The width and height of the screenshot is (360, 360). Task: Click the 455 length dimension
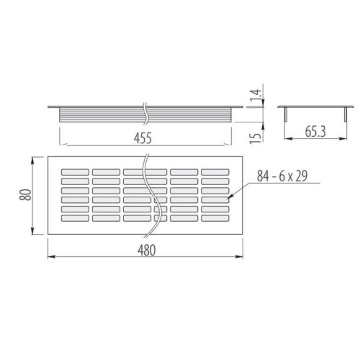click(143, 138)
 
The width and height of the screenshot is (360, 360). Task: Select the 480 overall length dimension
click(147, 250)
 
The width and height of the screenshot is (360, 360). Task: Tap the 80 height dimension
click(26, 195)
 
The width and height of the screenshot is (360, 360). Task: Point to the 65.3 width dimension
click(315, 132)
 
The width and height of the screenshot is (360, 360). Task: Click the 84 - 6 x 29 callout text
click(282, 176)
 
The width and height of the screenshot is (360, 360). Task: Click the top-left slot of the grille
click(75, 172)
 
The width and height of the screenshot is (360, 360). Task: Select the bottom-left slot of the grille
click(75, 218)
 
